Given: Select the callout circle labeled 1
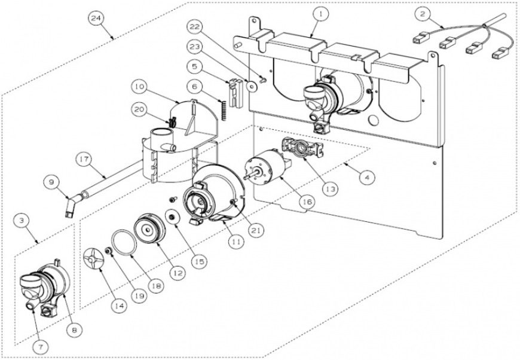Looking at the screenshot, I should (x=320, y=13).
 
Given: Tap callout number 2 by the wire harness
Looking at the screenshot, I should (x=423, y=13).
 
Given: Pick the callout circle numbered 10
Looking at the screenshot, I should (x=138, y=87).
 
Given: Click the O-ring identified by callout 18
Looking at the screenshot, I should (x=123, y=244).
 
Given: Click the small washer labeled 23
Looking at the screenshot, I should (x=252, y=86).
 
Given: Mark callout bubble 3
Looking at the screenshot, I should (x=22, y=221).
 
